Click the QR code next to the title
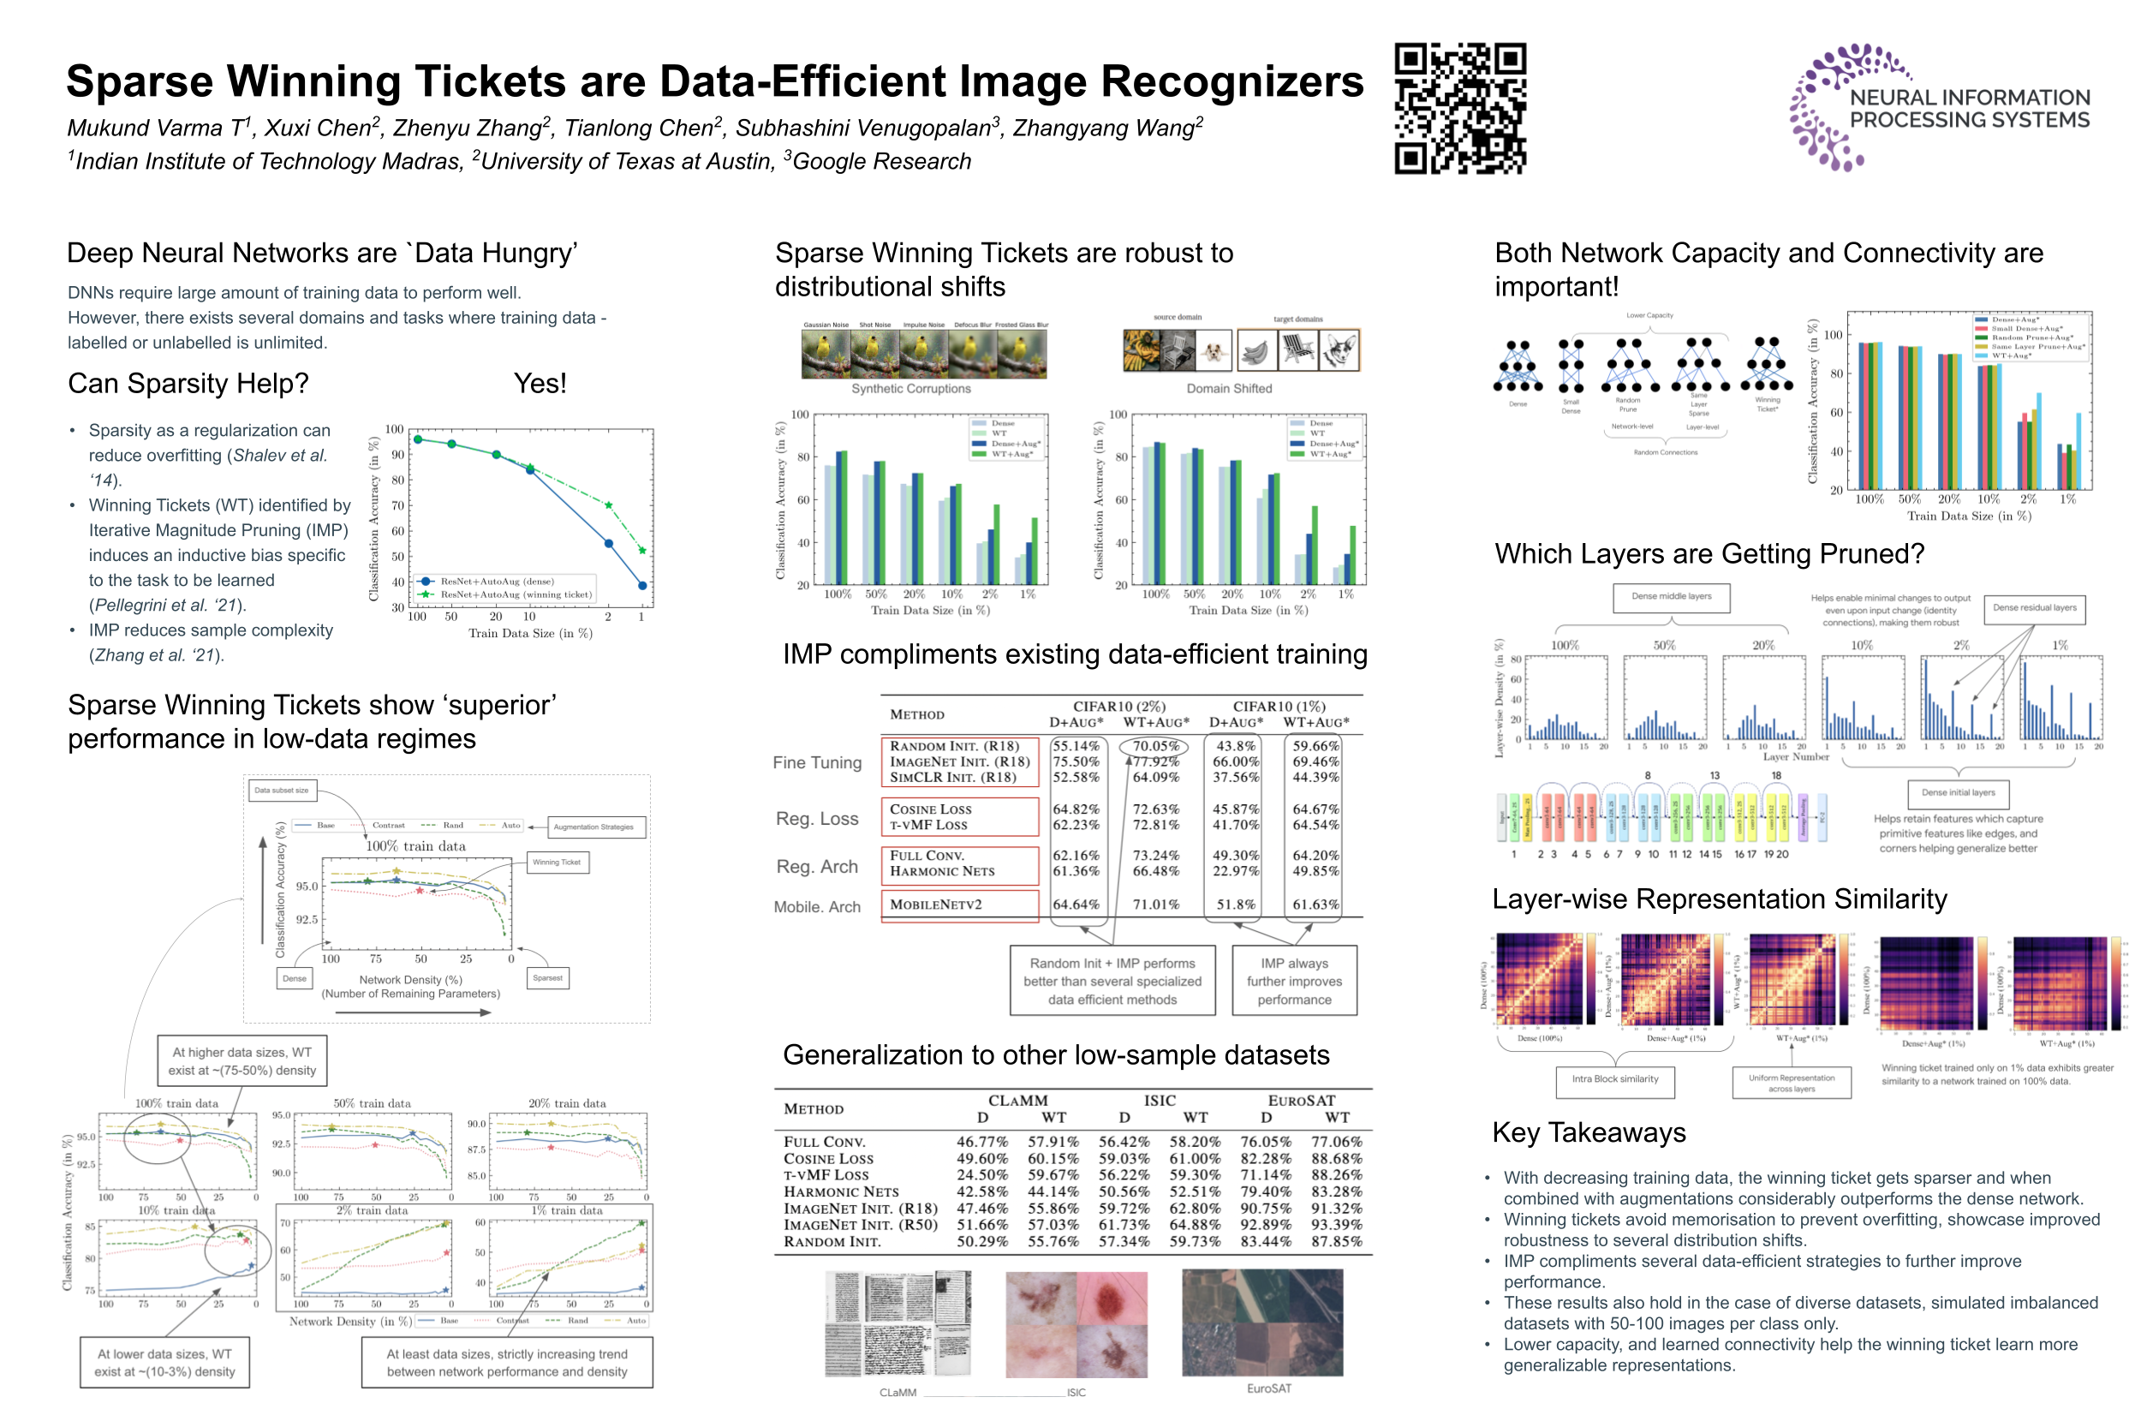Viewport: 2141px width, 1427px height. [x=1459, y=107]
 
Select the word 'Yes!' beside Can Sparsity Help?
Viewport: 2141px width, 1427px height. [x=540, y=383]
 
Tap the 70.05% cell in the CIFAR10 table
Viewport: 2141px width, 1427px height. [x=1154, y=745]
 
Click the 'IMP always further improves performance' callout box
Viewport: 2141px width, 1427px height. [x=1294, y=981]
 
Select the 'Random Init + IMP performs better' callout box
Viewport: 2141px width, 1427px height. [x=1112, y=981]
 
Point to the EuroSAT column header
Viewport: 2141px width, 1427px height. [x=1301, y=1101]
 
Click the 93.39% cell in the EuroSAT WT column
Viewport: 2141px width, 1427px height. [x=1336, y=1225]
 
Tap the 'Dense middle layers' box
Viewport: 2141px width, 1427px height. [x=1671, y=597]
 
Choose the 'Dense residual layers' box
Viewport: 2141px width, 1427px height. [x=2034, y=608]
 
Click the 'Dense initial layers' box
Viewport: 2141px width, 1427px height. [x=1957, y=792]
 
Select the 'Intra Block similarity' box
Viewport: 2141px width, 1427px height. [x=1615, y=1079]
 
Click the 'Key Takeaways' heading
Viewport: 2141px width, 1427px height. [x=1588, y=1132]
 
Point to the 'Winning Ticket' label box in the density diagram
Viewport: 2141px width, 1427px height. [x=557, y=862]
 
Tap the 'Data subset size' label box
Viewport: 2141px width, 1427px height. [x=281, y=790]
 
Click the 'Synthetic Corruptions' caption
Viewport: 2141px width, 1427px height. [x=911, y=389]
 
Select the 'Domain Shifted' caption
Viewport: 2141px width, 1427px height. [x=1228, y=389]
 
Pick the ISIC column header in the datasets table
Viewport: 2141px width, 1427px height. [x=1160, y=1101]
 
